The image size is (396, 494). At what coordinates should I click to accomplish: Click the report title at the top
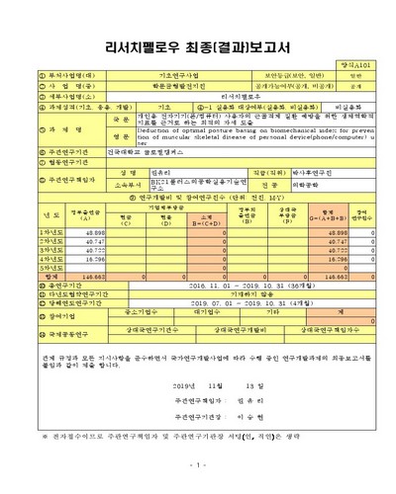(x=198, y=43)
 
